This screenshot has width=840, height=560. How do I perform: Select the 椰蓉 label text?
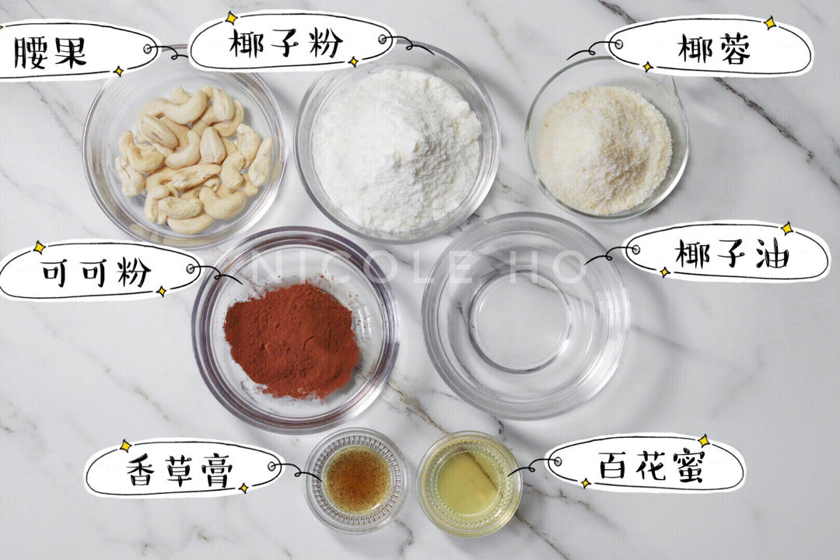pyautogui.click(x=714, y=49)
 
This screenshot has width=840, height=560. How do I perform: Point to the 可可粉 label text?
pyautogui.click(x=96, y=271)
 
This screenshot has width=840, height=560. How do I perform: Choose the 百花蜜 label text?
pyautogui.click(x=652, y=464)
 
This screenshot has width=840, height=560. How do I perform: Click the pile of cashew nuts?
pyautogui.click(x=194, y=159)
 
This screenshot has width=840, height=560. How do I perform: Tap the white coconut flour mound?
pyautogui.click(x=395, y=149)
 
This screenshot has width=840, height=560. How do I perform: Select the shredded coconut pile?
pyautogui.click(x=604, y=150)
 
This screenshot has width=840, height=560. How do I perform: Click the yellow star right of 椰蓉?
pyautogui.click(x=770, y=23)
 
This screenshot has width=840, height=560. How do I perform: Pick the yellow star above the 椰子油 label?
pyautogui.click(x=787, y=229)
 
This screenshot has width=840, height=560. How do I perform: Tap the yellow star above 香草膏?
pyautogui.click(x=124, y=446)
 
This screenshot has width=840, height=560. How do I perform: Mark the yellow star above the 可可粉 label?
pyautogui.click(x=39, y=247)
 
